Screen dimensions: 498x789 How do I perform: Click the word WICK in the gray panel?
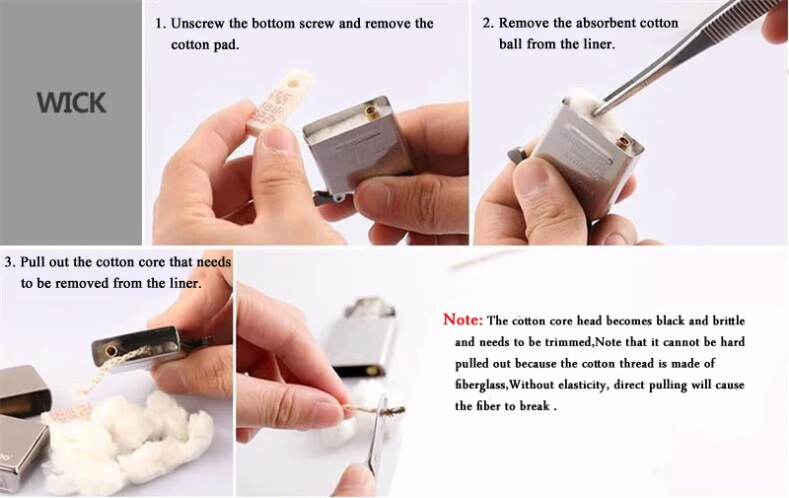[71, 103]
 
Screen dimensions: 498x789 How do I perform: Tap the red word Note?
[463, 320]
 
